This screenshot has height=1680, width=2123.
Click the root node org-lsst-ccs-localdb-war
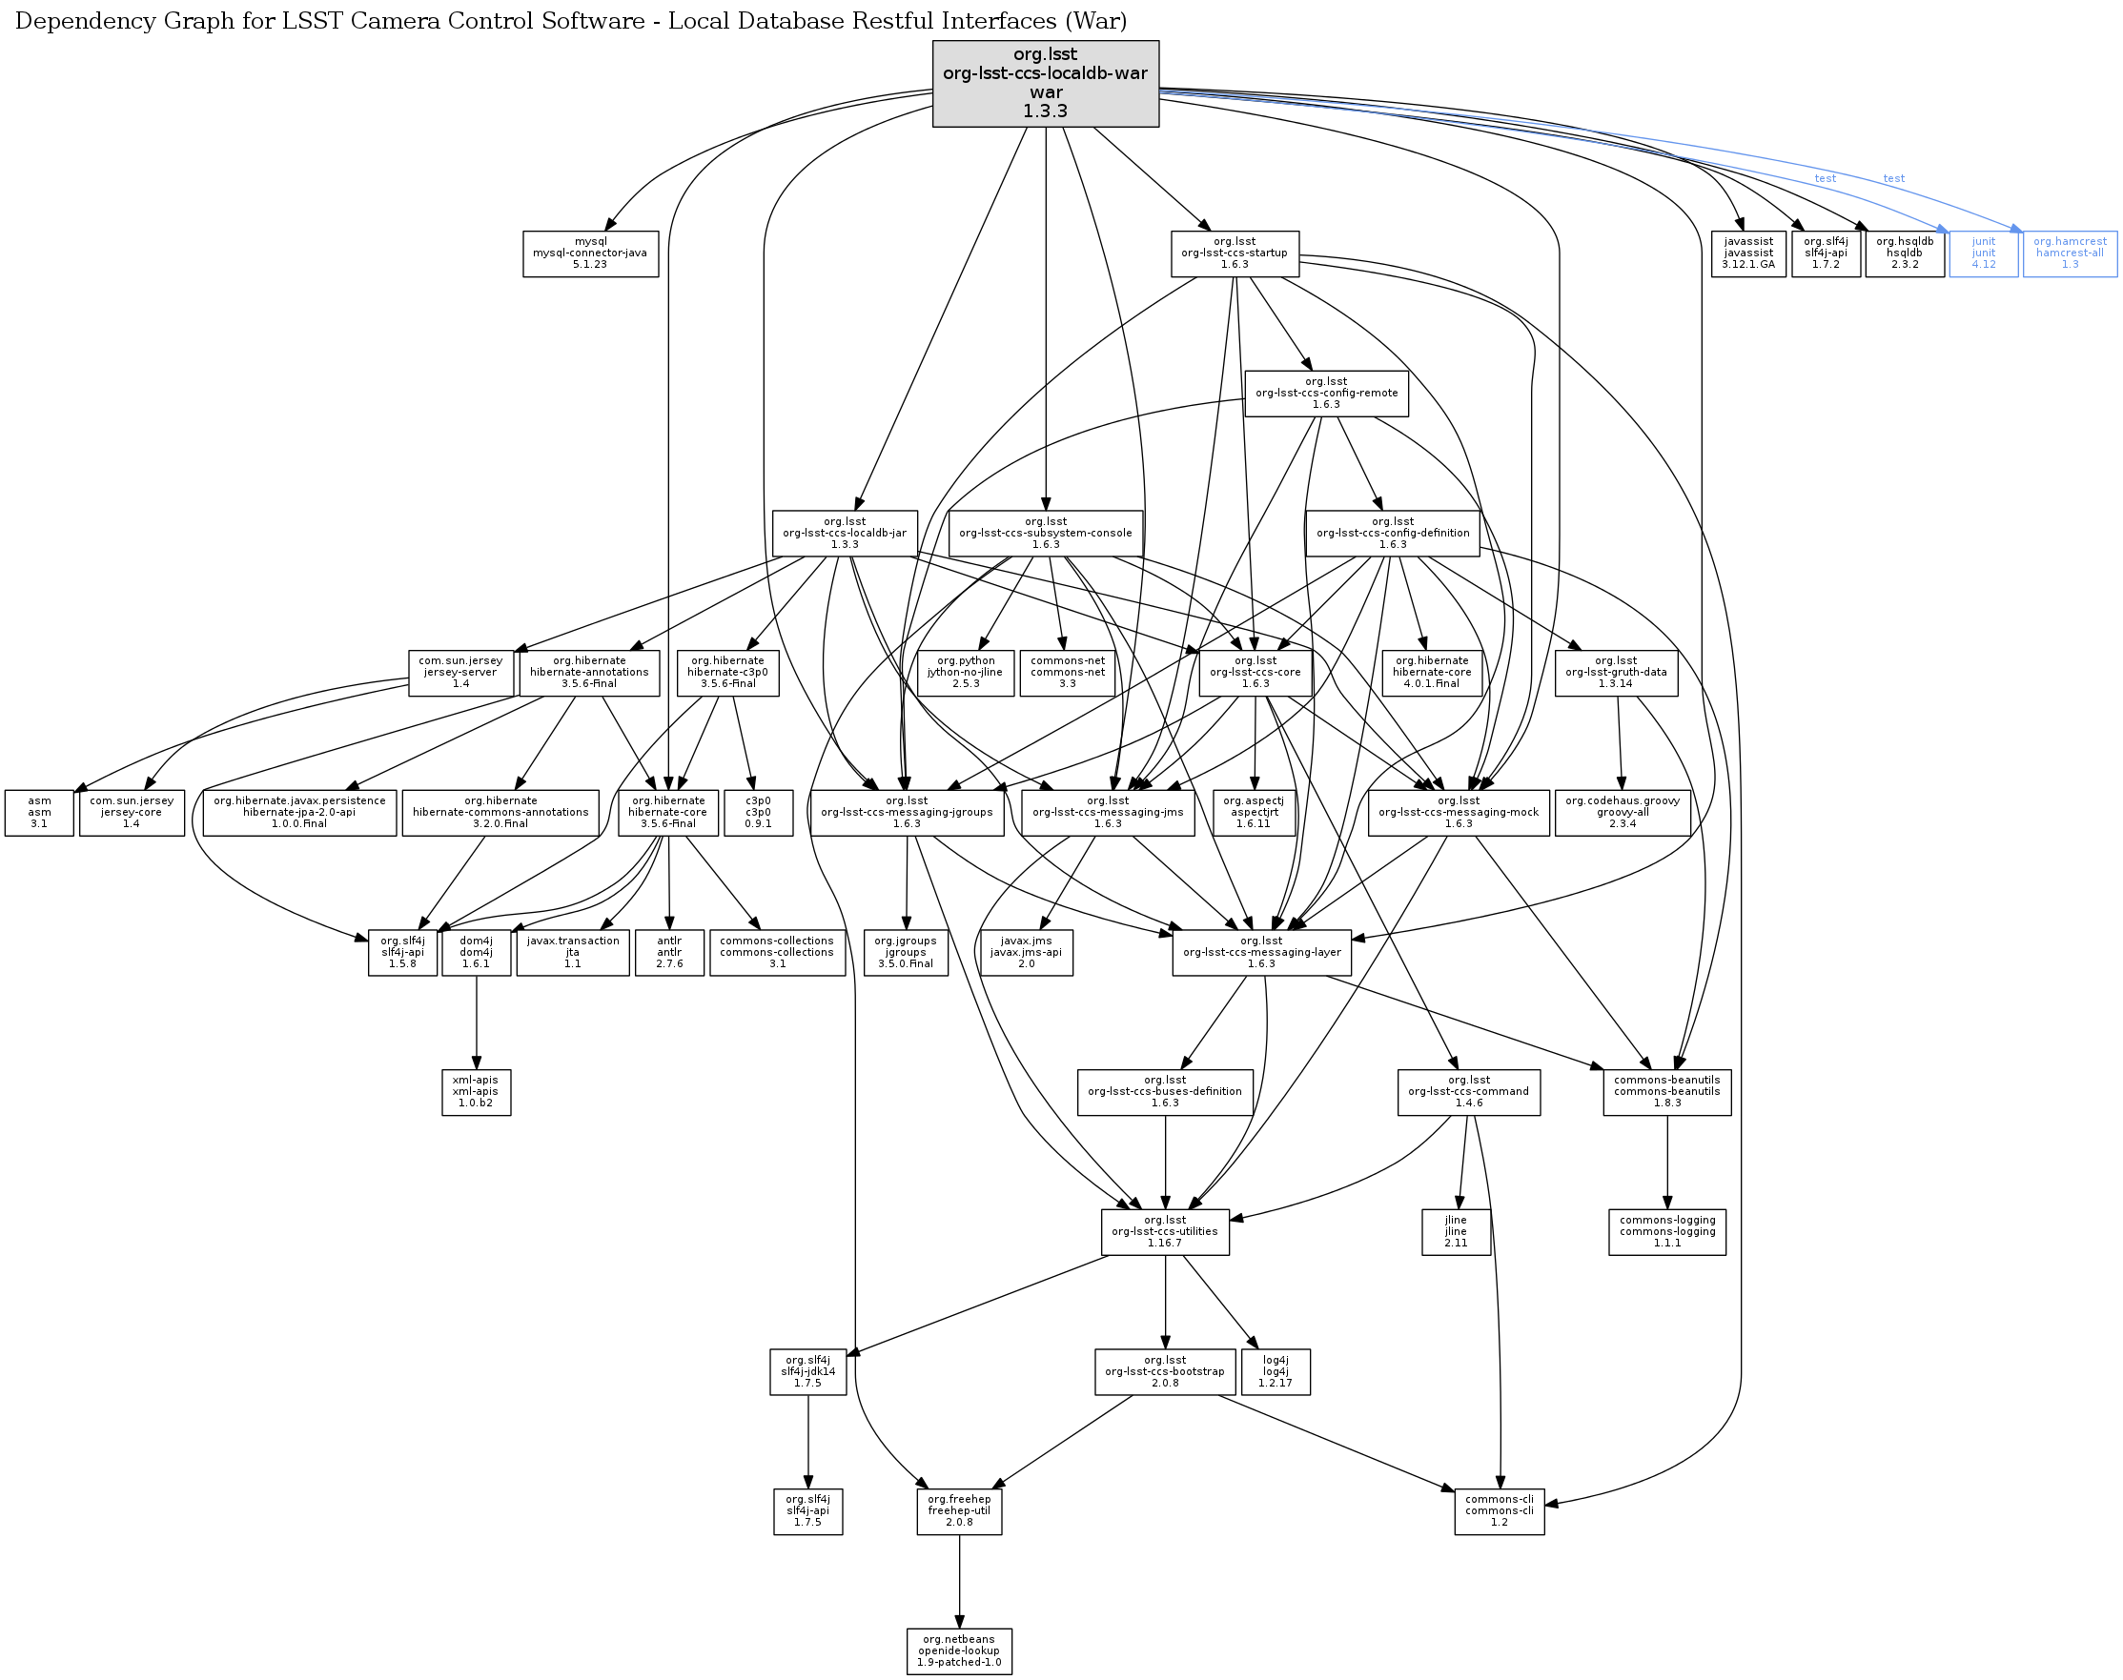[x=1045, y=84]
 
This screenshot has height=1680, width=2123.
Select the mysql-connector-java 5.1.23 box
[x=590, y=253]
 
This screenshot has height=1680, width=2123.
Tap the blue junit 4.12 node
[x=1983, y=253]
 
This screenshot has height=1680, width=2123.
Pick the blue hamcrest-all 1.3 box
[x=2070, y=253]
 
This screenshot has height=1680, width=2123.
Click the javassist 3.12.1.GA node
[x=1748, y=253]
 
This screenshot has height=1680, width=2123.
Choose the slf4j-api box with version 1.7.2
[x=1826, y=253]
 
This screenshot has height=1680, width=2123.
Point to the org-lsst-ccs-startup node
[x=1235, y=253]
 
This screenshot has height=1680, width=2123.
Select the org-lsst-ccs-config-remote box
[x=1326, y=394]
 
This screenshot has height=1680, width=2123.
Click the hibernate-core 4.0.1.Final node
[x=1432, y=673]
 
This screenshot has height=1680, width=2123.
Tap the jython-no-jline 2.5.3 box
[x=966, y=673]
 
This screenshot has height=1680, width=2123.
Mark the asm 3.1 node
[x=39, y=813]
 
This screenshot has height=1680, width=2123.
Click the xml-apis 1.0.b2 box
[x=476, y=1092]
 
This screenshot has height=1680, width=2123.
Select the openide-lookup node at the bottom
[x=959, y=1651]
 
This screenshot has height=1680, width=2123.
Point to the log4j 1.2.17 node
[x=1276, y=1371]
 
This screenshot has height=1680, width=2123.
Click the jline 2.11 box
[x=1456, y=1231]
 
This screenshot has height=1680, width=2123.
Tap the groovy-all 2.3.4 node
[x=1623, y=813]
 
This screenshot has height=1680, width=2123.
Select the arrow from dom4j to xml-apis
[x=476, y=1022]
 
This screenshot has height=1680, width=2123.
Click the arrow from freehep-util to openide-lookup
[x=959, y=1582]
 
